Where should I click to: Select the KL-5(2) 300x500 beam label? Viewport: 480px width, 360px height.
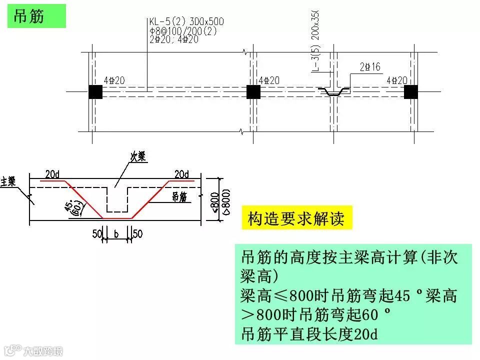click(186, 22)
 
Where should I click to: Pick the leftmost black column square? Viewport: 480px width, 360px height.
click(95, 92)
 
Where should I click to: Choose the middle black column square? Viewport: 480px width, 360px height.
click(253, 92)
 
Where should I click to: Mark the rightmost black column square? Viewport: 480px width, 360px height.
click(411, 92)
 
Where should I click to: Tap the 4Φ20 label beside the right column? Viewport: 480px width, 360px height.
click(396, 80)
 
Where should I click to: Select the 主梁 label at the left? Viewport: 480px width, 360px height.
click(9, 181)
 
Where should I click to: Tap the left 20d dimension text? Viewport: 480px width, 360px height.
click(52, 174)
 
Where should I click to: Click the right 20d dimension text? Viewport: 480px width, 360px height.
click(182, 174)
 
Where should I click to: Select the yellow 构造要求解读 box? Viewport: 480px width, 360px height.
click(296, 218)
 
